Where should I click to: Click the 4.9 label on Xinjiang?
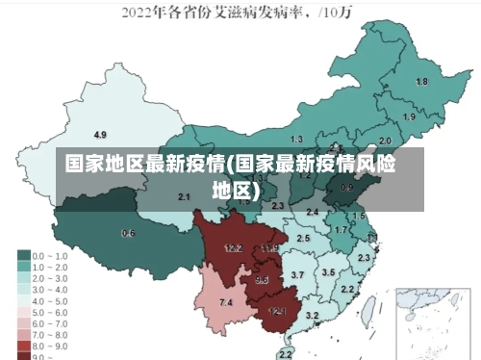(x=100, y=134)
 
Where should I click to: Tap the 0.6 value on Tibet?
(x=128, y=233)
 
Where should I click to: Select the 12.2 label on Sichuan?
(x=233, y=248)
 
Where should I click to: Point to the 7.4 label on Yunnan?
(x=225, y=303)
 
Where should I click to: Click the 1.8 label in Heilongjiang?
(x=420, y=82)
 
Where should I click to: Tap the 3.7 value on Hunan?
(x=297, y=275)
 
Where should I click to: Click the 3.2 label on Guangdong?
(x=312, y=315)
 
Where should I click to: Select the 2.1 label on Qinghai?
(x=184, y=196)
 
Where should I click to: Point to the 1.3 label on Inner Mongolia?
(x=295, y=140)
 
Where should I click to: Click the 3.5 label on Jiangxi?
(x=328, y=272)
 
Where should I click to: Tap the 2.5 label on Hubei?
(x=303, y=238)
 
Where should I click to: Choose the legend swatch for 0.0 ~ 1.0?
(x=23, y=256)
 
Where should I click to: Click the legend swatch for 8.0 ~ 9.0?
(x=23, y=344)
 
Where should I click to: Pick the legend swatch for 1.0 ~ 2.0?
(x=23, y=267)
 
